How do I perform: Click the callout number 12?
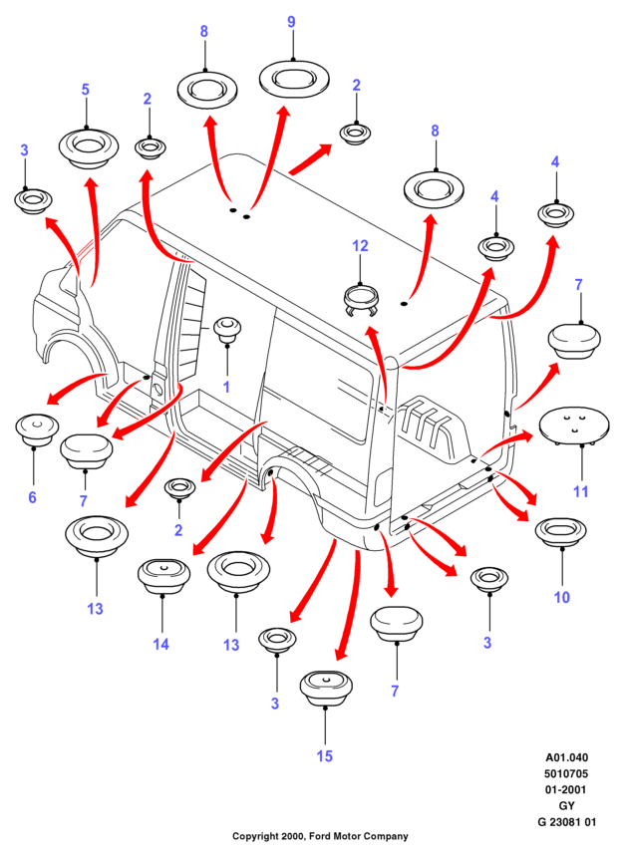pyautogui.click(x=360, y=246)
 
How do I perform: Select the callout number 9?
pyautogui.click(x=292, y=22)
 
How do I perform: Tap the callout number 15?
pyautogui.click(x=324, y=756)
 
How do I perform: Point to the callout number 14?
pyautogui.click(x=161, y=644)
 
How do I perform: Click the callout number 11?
pyautogui.click(x=580, y=491)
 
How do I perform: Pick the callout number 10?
pyautogui.click(x=562, y=597)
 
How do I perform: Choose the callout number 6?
pyautogui.click(x=32, y=497)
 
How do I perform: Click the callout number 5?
pyautogui.click(x=85, y=90)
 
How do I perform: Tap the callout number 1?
pyautogui.click(x=226, y=387)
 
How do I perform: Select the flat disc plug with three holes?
pyautogui.click(x=574, y=427)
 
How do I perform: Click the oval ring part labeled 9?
pyautogui.click(x=294, y=78)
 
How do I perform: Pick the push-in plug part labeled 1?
pyautogui.click(x=226, y=329)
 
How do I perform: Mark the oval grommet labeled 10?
pyautogui.click(x=561, y=531)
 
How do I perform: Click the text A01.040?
pyautogui.click(x=567, y=757)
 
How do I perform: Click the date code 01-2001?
pyautogui.click(x=565, y=789)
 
